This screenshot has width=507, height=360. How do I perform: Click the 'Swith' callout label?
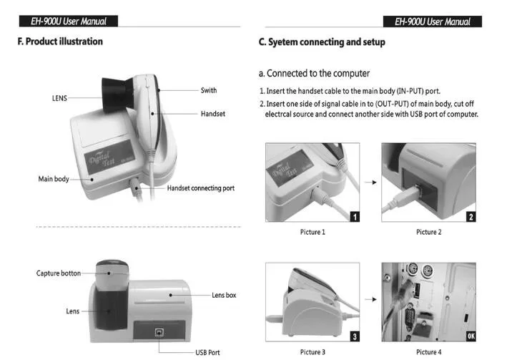(209, 90)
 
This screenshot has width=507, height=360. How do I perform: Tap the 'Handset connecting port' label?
(200, 188)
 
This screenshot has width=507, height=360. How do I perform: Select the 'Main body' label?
(54, 179)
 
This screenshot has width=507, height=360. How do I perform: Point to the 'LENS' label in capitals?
(59, 98)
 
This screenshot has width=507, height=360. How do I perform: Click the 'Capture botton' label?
(59, 273)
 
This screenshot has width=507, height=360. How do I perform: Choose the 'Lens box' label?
(224, 296)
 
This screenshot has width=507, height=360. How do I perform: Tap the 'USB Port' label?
(207, 353)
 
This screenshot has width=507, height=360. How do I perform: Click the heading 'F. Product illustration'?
(60, 42)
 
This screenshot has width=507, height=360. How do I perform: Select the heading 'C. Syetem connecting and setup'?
(322, 42)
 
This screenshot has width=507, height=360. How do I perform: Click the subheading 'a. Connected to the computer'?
(314, 74)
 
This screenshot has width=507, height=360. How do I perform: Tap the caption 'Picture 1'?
(312, 232)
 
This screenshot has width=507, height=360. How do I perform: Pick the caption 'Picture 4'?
(428, 352)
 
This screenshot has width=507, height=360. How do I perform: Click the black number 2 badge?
(471, 217)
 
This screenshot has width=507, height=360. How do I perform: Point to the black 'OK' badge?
(471, 336)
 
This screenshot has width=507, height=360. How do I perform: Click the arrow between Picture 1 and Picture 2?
(370, 183)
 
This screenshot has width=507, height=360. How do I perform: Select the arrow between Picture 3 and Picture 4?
(370, 299)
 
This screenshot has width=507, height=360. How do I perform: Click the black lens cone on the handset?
(117, 94)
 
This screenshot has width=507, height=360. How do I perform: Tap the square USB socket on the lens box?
(159, 332)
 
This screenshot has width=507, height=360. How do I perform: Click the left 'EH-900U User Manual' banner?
(69, 21)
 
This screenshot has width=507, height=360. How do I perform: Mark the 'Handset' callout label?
(213, 114)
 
